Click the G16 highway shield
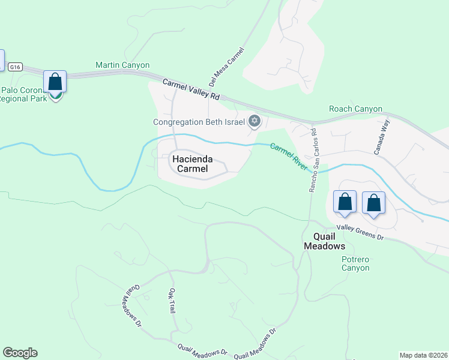(x=16, y=68)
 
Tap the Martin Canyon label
(x=122, y=65)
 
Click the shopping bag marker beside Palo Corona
(x=55, y=82)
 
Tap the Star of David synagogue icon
(x=255, y=121)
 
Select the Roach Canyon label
(x=355, y=109)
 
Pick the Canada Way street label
(x=382, y=137)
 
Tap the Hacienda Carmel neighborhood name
(x=193, y=164)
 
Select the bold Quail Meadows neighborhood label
(x=324, y=241)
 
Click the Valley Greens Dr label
(x=360, y=232)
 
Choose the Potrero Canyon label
(x=355, y=263)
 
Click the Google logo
(x=20, y=353)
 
